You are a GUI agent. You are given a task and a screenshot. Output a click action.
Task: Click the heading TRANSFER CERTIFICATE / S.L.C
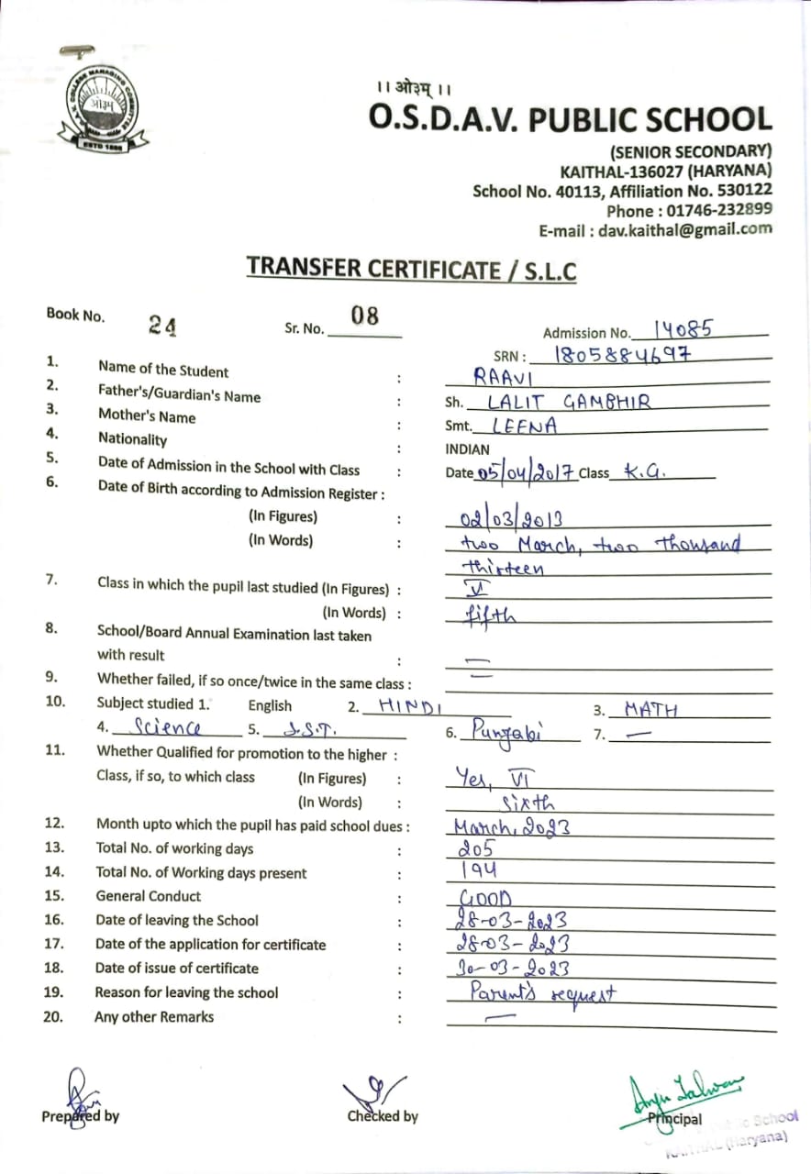coord(411,269)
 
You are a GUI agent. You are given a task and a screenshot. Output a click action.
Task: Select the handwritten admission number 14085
coord(683,330)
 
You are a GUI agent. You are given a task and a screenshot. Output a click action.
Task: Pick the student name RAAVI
coord(503,375)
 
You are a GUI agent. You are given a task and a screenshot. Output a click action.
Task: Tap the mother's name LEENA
coord(524,426)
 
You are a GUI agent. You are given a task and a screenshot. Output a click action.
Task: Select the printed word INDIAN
coord(469,449)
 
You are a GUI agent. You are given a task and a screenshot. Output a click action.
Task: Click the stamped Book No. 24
coord(163,326)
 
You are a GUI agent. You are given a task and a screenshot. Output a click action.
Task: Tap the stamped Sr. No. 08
coord(364,316)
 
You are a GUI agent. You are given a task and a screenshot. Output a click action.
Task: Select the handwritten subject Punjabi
coord(507,732)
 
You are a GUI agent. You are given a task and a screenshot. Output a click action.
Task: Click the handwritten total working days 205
coord(475,849)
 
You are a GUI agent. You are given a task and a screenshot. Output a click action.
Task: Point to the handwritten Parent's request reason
coord(541,992)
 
